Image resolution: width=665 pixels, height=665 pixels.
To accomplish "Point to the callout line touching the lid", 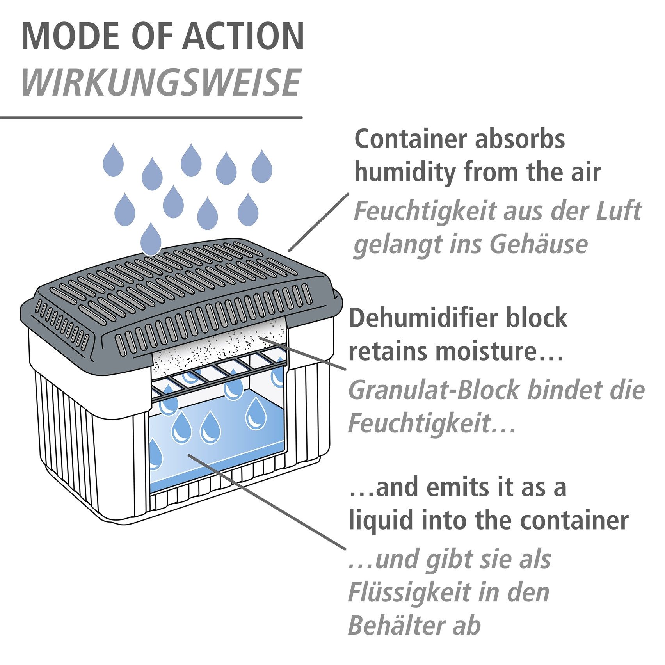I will [x=318, y=222].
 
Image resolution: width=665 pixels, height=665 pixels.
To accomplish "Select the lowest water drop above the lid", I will [x=151, y=239].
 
